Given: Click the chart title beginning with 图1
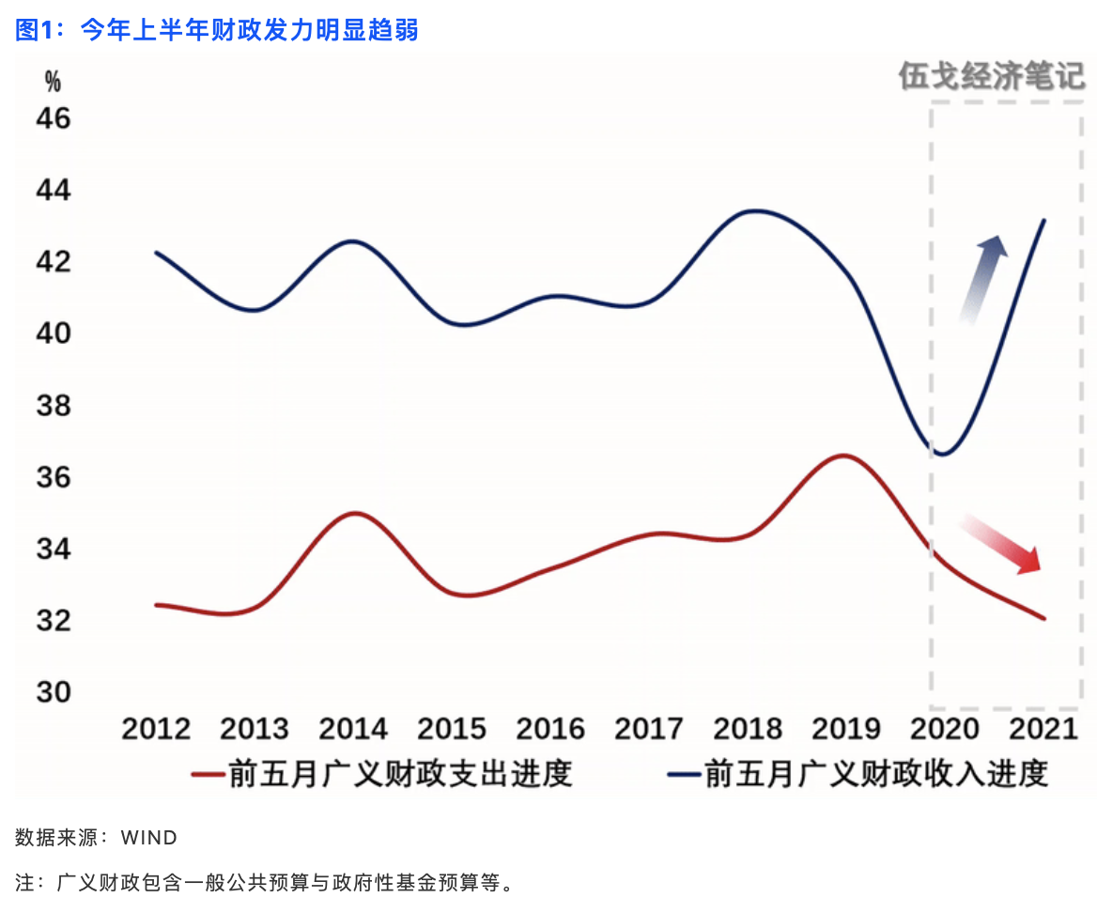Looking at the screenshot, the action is click(217, 30).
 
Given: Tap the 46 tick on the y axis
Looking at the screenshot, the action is click(54, 118).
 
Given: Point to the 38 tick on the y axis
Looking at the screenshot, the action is click(54, 405).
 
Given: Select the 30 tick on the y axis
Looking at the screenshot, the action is click(54, 692).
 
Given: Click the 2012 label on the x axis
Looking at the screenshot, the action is click(156, 729).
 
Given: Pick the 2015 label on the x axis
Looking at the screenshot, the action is click(452, 729).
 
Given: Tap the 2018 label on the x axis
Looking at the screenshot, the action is click(748, 729).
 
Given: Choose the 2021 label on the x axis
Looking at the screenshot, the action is click(1043, 729).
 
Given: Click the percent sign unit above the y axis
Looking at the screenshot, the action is click(53, 82).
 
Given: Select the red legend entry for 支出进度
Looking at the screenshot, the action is click(382, 774).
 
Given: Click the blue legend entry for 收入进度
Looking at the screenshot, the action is click(858, 774).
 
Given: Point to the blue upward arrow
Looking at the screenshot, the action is click(983, 280).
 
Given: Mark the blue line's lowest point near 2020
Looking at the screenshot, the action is click(943, 454).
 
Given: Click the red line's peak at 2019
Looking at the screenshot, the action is click(844, 456).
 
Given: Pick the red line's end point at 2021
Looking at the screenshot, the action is click(1043, 618).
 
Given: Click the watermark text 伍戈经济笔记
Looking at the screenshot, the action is click(992, 76).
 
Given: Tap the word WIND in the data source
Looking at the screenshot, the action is click(149, 838).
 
